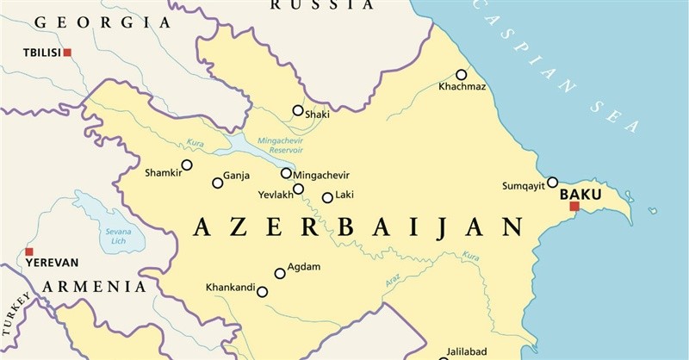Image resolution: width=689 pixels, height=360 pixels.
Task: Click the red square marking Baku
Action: [x=574, y=206]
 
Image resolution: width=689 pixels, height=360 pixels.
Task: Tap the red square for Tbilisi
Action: [x=67, y=53]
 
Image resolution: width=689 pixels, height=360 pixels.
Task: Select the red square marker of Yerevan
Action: [x=28, y=251]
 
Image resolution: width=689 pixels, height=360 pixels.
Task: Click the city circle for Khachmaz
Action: [x=462, y=75]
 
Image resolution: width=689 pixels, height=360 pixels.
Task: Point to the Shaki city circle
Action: [x=298, y=110]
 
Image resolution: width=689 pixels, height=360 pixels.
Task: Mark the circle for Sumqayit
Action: [x=553, y=182]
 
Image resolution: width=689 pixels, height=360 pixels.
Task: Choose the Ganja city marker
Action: [x=217, y=183]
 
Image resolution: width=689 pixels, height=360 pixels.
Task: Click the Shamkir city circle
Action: [x=187, y=165]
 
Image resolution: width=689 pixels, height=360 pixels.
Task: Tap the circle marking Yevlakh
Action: [x=298, y=189]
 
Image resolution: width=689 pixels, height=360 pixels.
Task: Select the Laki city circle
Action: [x=327, y=198]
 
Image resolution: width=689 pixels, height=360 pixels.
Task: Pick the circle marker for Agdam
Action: [x=280, y=274]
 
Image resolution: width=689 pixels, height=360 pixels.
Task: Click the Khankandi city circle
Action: [x=263, y=292]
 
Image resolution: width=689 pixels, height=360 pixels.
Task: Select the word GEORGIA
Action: [x=90, y=23]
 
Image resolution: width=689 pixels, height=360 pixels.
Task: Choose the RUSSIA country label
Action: [x=322, y=5]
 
